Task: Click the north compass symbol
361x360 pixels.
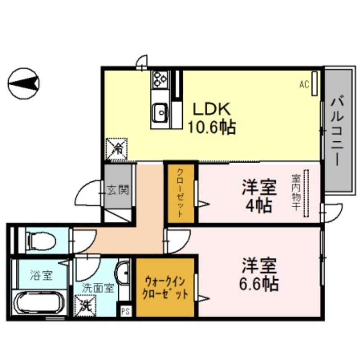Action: tap(24, 83)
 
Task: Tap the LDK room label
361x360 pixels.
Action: tap(212, 109)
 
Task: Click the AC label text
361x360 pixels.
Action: tap(304, 84)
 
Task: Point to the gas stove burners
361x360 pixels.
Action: tap(159, 80)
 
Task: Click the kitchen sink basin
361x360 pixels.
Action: tap(160, 113)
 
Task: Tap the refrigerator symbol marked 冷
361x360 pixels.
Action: tap(117, 148)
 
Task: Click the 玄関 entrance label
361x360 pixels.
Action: tap(119, 189)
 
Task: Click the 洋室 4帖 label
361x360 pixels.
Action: tap(259, 196)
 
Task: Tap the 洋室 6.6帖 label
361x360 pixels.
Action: tap(259, 274)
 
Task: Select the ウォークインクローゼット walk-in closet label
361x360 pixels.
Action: tap(166, 289)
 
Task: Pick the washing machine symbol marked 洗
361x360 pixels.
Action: tap(85, 305)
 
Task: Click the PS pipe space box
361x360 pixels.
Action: tap(125, 311)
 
